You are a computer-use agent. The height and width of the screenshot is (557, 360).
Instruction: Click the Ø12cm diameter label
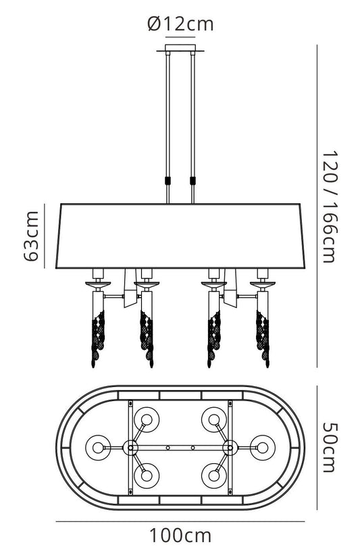180,24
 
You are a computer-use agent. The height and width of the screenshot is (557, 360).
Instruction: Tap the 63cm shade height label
32,236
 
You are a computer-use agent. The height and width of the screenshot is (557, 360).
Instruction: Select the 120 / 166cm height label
329,207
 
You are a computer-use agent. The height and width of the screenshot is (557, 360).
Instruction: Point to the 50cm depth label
329,448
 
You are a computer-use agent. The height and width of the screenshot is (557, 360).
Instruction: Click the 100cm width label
180,535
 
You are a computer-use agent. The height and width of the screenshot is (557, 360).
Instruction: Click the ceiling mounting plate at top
180,49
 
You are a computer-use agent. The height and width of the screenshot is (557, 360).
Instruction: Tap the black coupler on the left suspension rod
168,180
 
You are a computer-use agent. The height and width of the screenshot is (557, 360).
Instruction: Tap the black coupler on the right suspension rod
193,180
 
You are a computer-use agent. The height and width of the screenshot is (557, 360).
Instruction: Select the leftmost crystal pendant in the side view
99,338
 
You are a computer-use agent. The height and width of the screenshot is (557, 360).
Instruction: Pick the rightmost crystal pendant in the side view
263,338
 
